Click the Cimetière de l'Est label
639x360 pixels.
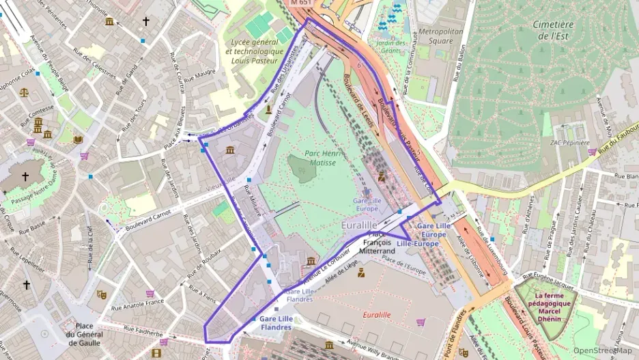[x=553, y=31]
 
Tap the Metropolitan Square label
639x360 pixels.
[x=440, y=36]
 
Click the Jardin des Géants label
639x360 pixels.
[x=391, y=47]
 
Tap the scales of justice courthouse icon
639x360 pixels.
[x=25, y=91]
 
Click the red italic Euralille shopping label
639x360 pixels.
[x=377, y=315]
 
